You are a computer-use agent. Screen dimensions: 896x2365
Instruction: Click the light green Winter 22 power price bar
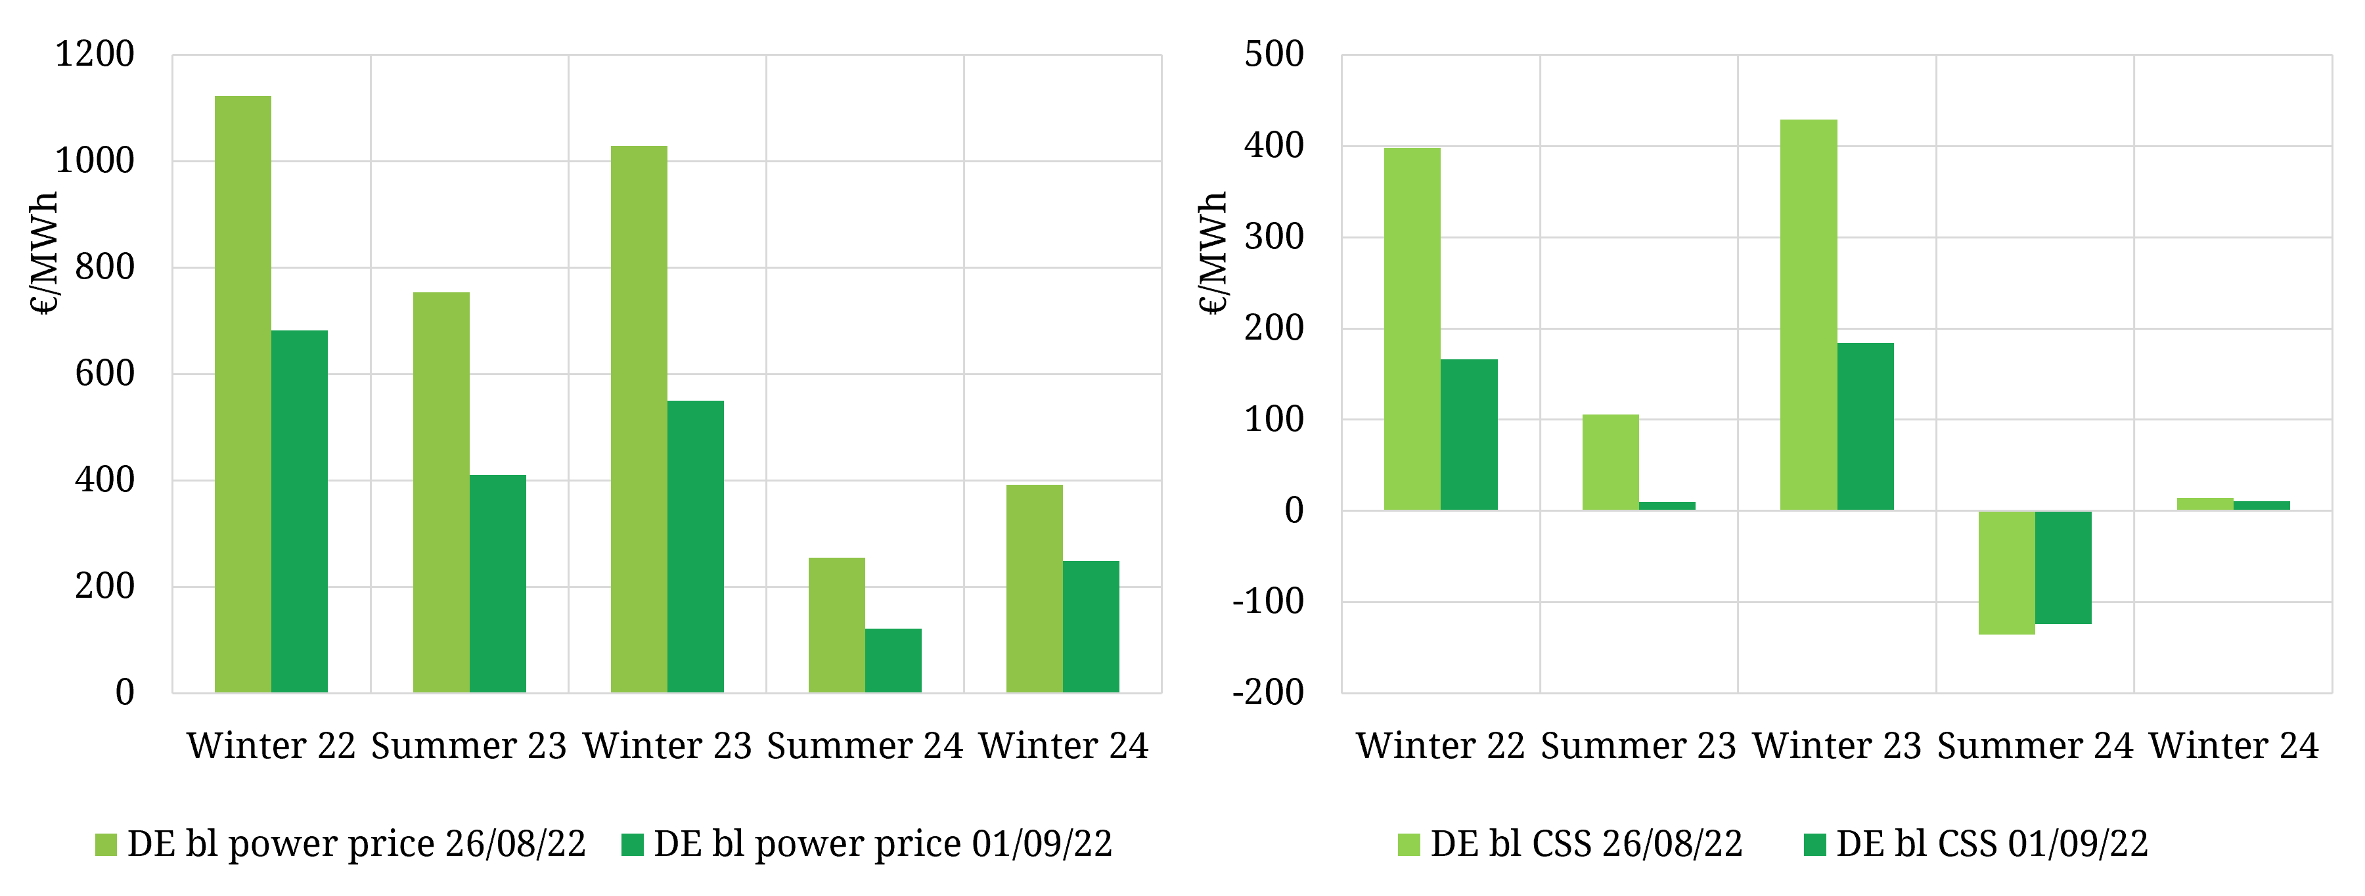click(243, 395)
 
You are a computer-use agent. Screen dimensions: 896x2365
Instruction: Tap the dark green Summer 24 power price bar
click(893, 660)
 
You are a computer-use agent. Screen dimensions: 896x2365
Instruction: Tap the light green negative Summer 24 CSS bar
click(2006, 573)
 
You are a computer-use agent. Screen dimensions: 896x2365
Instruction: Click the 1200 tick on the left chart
click(95, 54)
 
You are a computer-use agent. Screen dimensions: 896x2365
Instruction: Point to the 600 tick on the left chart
click(104, 374)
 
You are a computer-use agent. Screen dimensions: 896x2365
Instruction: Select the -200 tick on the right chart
click(1268, 692)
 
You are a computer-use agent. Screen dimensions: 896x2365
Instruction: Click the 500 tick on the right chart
click(1274, 54)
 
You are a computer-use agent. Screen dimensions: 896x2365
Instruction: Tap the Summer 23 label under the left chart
click(469, 746)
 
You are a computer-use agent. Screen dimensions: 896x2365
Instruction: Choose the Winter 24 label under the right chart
click(2234, 746)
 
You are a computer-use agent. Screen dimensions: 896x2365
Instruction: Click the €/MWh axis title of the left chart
click(44, 254)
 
